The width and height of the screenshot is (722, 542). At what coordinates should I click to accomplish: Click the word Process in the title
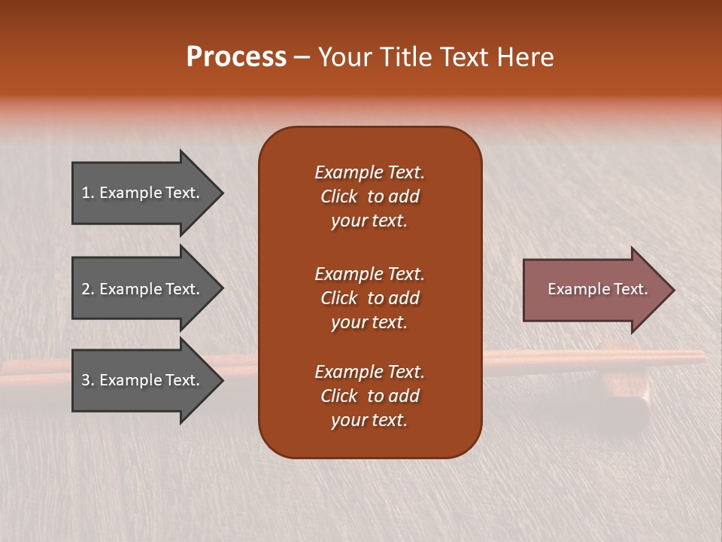236,57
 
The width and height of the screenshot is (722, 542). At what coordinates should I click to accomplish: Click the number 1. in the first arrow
87,193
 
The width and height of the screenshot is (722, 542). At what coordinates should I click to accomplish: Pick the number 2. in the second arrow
87,289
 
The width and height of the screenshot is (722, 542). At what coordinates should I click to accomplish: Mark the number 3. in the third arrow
87,380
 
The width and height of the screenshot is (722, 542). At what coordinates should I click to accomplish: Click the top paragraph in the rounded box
369,196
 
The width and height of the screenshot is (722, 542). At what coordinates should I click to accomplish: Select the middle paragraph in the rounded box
369,298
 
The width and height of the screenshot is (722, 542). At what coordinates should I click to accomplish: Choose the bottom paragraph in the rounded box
369,396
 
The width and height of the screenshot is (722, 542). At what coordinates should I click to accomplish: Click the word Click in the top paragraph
338,196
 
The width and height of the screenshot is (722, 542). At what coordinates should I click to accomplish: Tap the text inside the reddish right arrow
598,289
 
